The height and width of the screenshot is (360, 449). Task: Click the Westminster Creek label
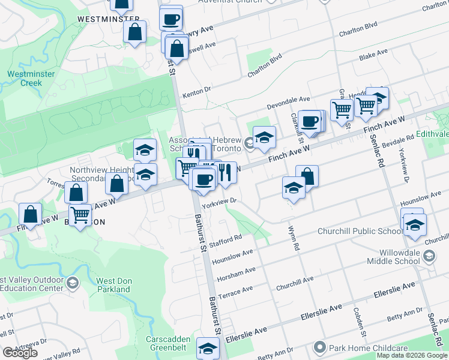pyautogui.click(x=31, y=79)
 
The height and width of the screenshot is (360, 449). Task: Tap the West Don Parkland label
pyautogui.click(x=113, y=285)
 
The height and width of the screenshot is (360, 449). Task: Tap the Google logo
pyautogui.click(x=20, y=353)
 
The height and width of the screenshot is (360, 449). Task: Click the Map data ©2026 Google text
pyautogui.click(x=412, y=355)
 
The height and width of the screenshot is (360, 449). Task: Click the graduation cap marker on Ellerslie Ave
pyautogui.click(x=208, y=348)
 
